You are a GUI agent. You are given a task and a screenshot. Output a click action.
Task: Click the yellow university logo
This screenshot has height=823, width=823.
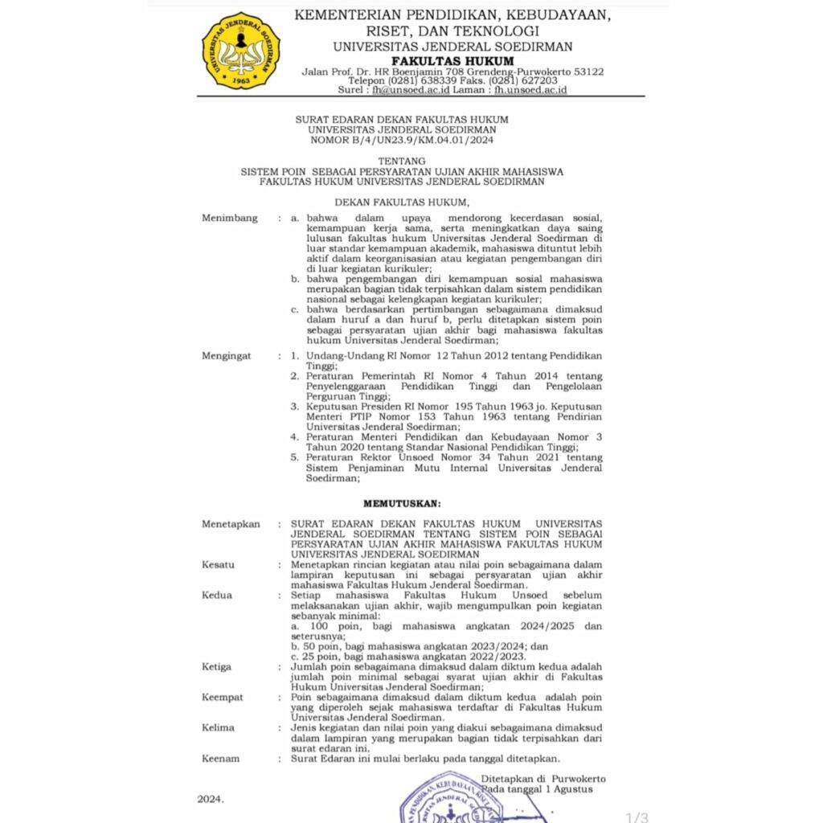pos(240,50)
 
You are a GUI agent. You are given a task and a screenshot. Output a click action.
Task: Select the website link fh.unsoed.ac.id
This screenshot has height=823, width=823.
pos(530,90)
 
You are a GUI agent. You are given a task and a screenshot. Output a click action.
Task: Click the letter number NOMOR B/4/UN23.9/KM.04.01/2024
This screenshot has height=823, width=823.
pos(401,140)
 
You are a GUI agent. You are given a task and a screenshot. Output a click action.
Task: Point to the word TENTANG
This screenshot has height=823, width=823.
pos(401,161)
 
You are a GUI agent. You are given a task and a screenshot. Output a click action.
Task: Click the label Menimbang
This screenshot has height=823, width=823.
pos(230,218)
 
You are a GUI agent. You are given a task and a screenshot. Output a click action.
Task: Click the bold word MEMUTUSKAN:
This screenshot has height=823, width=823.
pos(402,503)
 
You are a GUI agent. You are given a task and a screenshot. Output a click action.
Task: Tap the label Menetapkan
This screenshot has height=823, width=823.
pos(231,524)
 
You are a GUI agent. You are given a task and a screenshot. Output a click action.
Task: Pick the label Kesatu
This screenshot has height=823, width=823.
pos(218,564)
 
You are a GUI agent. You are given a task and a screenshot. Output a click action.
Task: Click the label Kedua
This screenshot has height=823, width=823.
pos(216,595)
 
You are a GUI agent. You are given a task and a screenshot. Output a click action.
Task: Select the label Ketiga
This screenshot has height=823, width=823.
pos(216,666)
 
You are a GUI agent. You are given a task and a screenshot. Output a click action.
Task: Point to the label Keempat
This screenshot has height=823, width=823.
pos(222,697)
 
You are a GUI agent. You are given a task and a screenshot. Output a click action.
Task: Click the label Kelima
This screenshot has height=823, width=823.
pos(218,727)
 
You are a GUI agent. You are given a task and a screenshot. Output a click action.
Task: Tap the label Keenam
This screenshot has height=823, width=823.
pos(219,758)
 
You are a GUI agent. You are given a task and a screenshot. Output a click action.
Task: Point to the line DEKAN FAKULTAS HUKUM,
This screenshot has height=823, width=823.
pos(401,202)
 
